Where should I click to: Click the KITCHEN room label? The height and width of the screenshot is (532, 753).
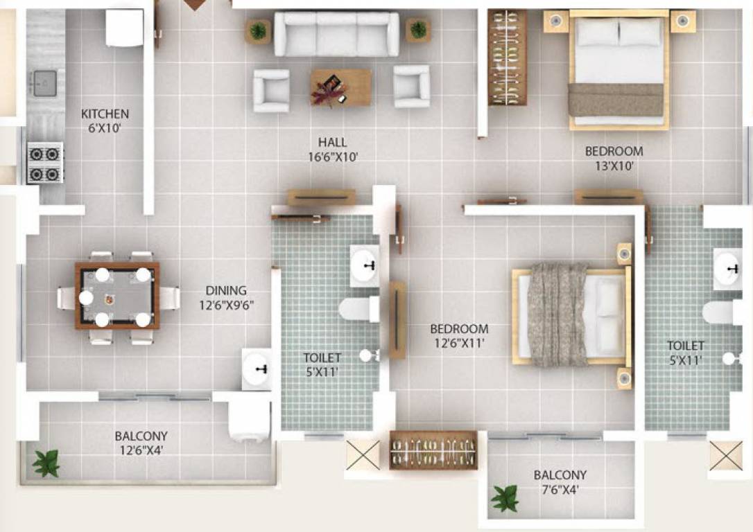point(105,114)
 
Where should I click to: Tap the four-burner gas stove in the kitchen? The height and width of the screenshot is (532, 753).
point(45,163)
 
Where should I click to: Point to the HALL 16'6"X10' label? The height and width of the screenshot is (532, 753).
point(333,150)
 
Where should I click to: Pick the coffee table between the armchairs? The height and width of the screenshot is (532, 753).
point(340,87)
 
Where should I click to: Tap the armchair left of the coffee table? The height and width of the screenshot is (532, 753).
point(271,90)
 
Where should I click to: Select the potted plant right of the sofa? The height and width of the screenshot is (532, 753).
point(418,30)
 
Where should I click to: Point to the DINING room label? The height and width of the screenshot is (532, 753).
point(225,291)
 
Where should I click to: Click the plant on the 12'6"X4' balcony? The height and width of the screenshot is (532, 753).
point(46,463)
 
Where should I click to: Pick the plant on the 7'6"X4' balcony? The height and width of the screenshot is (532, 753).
point(505,498)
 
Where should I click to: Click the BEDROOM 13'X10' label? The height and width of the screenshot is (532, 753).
point(613,151)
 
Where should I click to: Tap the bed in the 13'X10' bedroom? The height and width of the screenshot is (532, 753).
point(618,69)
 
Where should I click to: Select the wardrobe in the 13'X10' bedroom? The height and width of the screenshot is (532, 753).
point(507,57)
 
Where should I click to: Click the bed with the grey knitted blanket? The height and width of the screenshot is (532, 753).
point(572,315)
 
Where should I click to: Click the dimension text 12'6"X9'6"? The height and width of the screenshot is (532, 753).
point(225,305)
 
